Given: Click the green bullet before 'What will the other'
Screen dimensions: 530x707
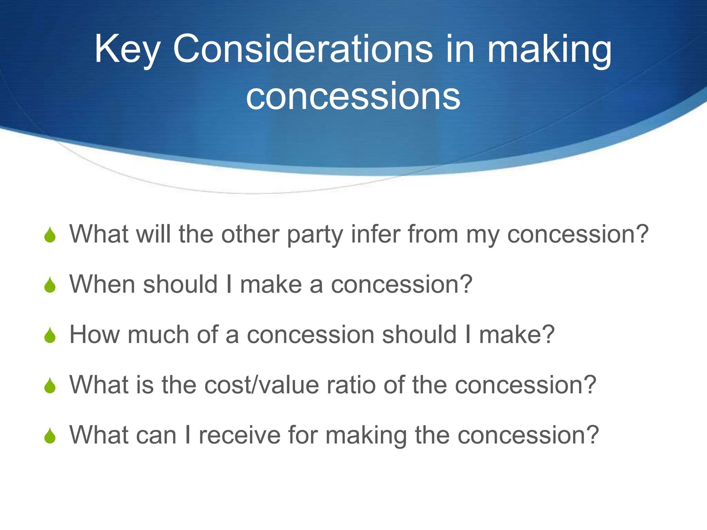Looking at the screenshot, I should point(50,235).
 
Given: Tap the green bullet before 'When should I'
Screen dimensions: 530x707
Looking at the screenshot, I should point(50,285).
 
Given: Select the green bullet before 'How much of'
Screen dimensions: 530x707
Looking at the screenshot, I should point(50,335).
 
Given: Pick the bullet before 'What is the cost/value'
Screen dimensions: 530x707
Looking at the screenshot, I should point(50,385).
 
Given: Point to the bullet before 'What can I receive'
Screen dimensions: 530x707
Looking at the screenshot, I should point(50,436).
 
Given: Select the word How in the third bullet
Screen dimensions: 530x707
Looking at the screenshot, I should point(94,334).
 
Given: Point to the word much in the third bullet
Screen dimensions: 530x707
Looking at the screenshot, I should point(158,334).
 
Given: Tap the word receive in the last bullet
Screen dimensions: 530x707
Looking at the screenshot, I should point(240,435).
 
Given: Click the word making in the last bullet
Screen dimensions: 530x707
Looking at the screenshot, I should point(366,435).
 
